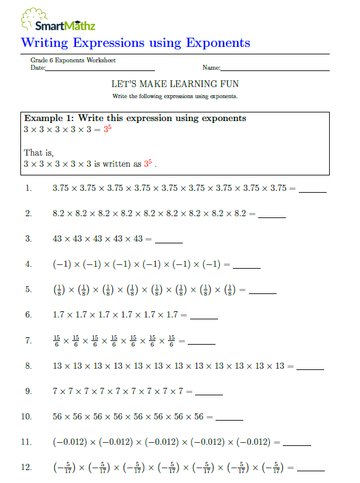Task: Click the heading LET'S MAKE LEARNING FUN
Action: point(175,83)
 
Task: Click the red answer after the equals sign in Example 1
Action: point(107,130)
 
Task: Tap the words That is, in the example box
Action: point(39,153)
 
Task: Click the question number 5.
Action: point(28,290)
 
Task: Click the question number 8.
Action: point(28,366)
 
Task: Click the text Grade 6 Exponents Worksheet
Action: point(73,61)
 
